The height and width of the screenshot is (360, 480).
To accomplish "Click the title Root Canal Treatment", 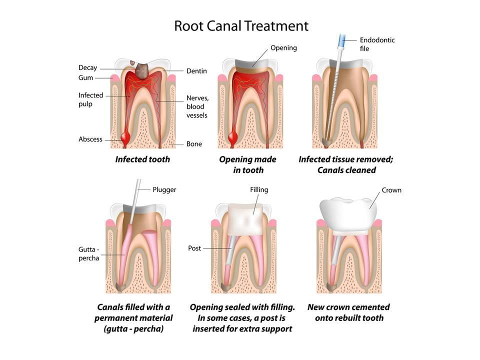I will pos(241,25).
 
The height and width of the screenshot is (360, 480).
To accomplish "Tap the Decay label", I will pos(87,68).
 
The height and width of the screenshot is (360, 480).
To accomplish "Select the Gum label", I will pos(85,78).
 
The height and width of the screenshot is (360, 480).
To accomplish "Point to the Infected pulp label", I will pos(90,99).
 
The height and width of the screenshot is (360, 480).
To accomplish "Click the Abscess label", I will pos(90,139).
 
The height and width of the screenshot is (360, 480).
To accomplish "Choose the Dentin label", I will pos(196,71).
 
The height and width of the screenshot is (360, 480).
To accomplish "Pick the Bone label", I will pos(194,144).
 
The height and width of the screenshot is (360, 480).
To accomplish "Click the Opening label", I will pos(283,48).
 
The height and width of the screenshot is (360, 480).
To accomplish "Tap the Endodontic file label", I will pos(377,44).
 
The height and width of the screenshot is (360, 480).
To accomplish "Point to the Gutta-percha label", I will pos(88,253).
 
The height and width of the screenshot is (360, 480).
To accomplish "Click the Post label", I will pos(194,248).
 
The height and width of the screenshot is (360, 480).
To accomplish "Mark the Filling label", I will pos(259,190).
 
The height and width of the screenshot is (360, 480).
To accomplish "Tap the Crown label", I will pos(391,190).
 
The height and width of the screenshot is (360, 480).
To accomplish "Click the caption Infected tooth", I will pos(142,159).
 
